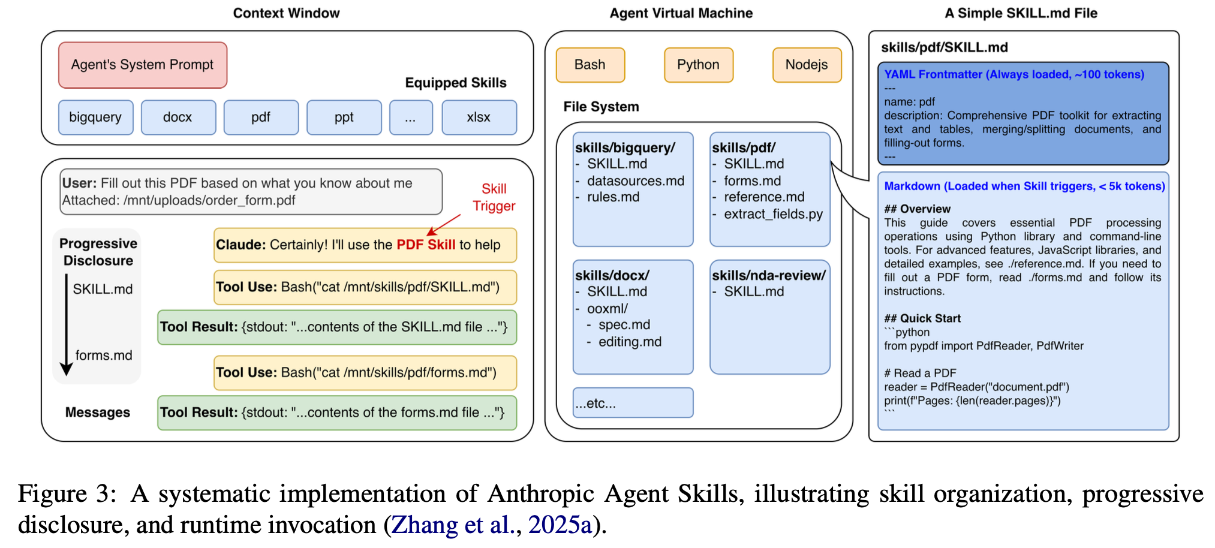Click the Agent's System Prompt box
point(143,65)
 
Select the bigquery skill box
point(95,118)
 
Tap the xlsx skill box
point(479,118)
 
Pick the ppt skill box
point(344,118)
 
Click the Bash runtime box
point(590,65)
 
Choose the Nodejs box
point(807,65)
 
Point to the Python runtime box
point(698,65)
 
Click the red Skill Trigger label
point(494,197)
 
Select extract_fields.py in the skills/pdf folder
point(773,214)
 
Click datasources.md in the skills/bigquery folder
point(635,180)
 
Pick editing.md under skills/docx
point(630,342)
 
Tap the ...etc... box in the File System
point(633,403)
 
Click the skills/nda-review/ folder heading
point(768,275)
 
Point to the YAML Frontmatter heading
point(1014,74)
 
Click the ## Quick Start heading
point(922,318)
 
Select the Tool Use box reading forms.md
point(365,372)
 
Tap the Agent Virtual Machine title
point(681,13)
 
